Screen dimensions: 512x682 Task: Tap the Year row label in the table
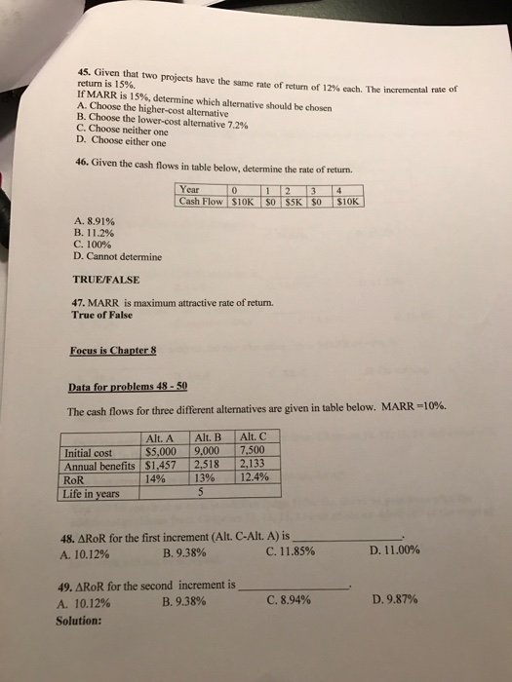191,189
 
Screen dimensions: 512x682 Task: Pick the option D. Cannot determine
118,257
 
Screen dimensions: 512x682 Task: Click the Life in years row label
95,492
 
